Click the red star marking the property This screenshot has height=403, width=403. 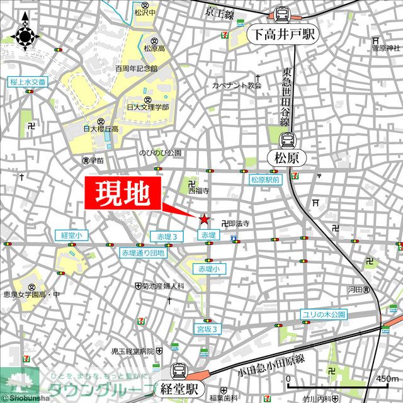point(204,219)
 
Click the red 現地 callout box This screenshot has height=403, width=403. point(123,195)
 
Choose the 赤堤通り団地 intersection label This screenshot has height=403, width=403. point(143,253)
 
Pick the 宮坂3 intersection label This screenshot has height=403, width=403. point(207,329)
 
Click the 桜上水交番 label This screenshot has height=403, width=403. point(28,82)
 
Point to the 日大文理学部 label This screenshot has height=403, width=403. point(149,107)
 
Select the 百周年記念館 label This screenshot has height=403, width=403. point(136,67)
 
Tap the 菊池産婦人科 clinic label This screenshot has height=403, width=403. point(163,286)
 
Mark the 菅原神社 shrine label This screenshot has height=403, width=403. point(385,48)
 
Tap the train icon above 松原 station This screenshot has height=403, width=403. point(288,140)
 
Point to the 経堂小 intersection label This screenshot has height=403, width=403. point(71,235)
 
